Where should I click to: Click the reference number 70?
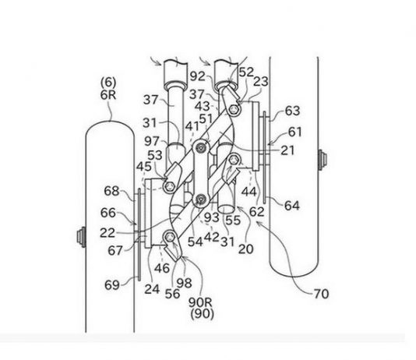coord(321,294)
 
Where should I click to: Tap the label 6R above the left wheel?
coord(108,95)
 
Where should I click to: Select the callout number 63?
coord(292,111)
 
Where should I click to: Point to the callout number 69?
coord(112,285)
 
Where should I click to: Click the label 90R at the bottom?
coord(200,302)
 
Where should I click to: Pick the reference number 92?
coord(198,76)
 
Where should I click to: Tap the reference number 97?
coord(152,141)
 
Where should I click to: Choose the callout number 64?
coord(292,206)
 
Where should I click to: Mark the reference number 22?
coord(108,233)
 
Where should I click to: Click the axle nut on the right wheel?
coord(322,160)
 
